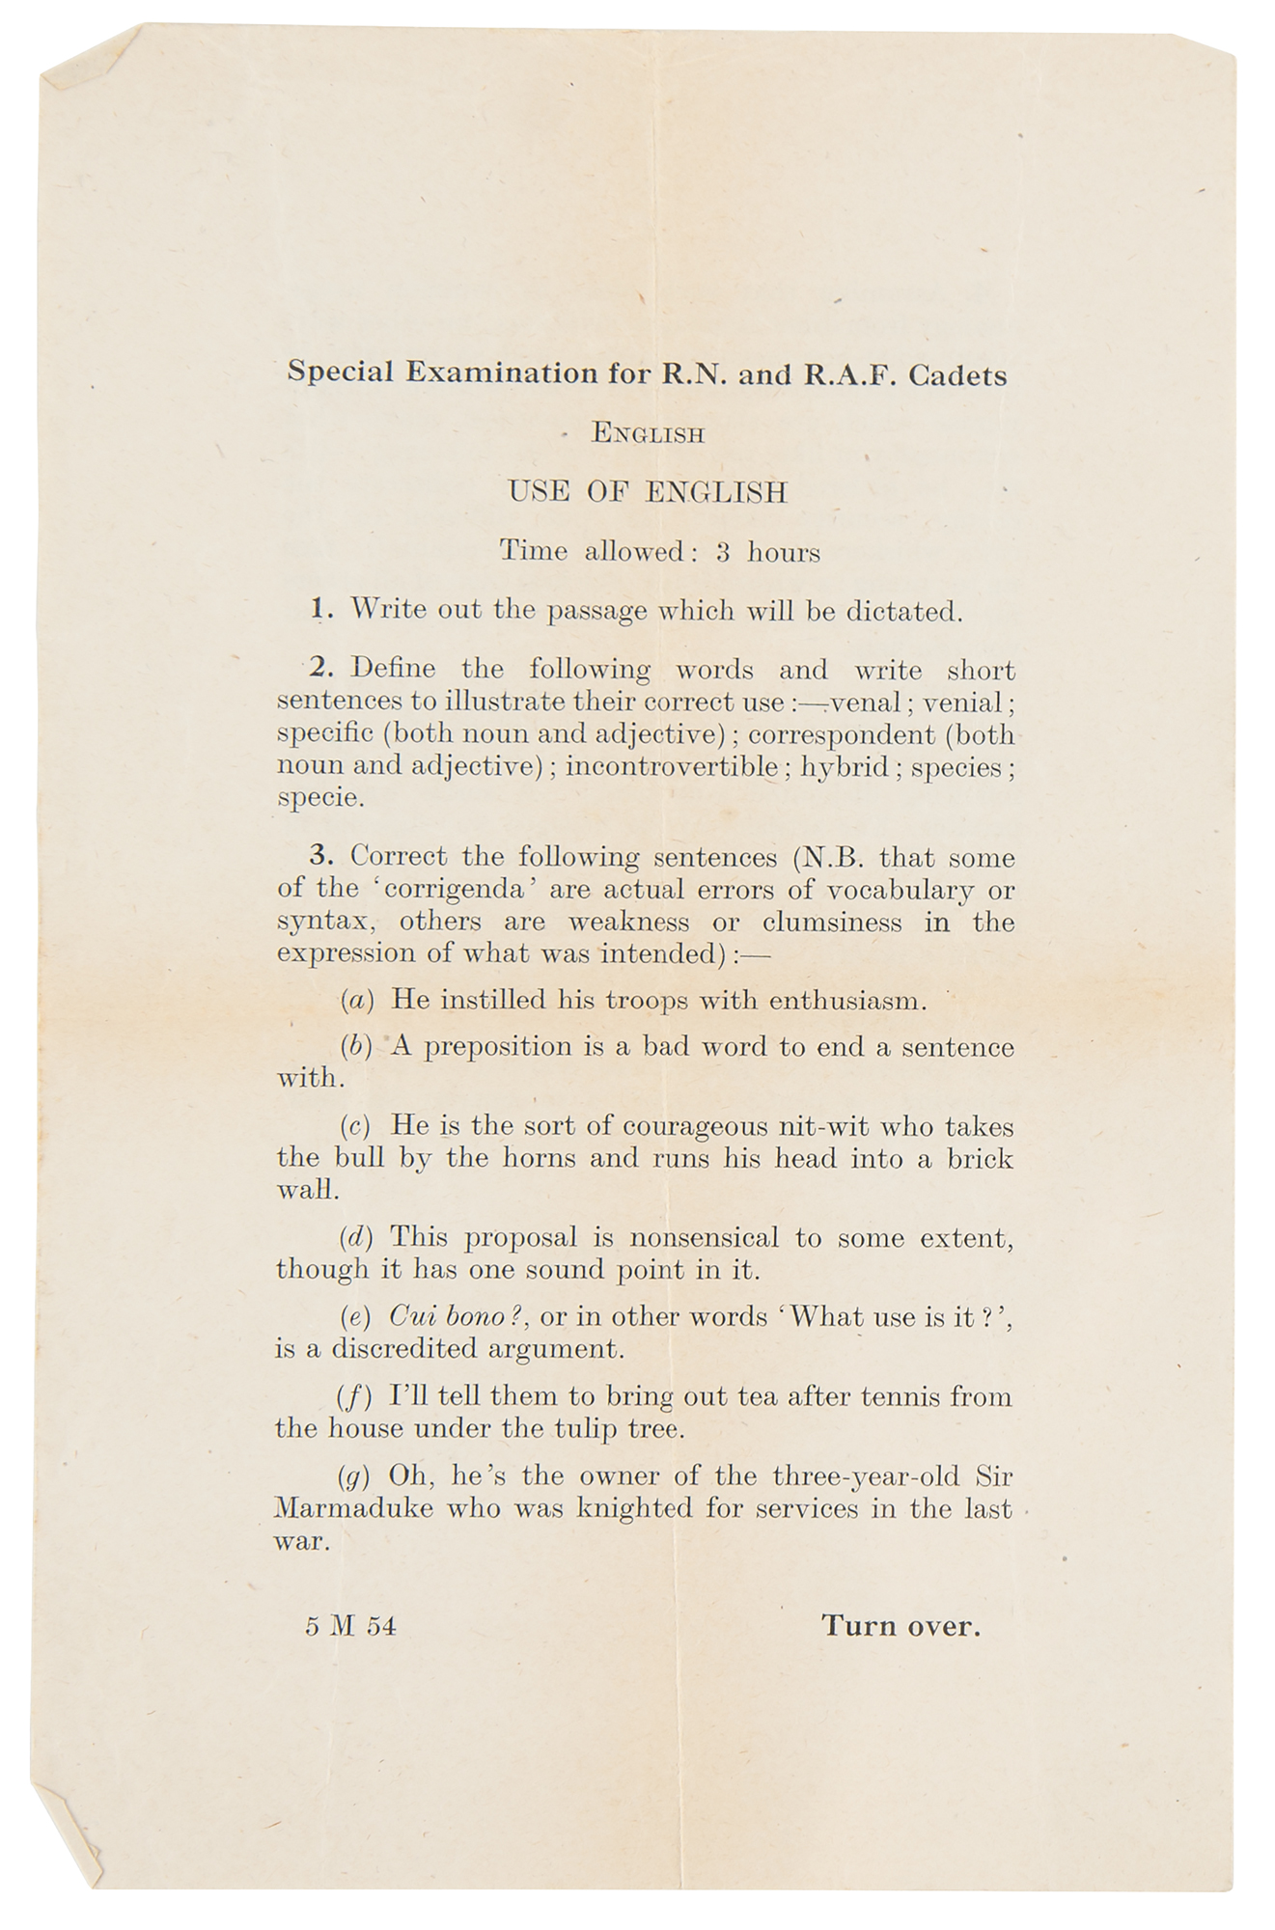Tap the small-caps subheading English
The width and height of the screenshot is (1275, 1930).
[649, 434]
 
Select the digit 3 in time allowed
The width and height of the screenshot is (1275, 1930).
[723, 553]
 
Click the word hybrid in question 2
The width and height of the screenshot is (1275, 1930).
[845, 768]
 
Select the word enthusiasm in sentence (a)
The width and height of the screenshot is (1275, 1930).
[847, 1001]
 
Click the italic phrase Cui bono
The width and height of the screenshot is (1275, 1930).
[449, 1317]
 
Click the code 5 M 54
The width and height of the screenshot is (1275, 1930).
[350, 1627]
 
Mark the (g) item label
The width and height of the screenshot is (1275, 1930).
[354, 1477]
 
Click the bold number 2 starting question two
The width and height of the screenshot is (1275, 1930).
[319, 668]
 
